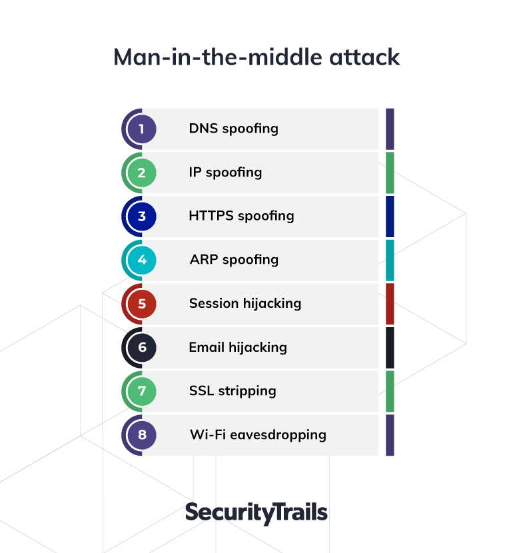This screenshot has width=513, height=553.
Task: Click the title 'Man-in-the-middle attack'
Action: (x=256, y=57)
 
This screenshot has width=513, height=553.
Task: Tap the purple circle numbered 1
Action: (x=141, y=129)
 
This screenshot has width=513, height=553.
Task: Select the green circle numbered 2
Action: (x=141, y=173)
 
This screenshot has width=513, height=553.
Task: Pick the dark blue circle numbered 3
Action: (x=141, y=216)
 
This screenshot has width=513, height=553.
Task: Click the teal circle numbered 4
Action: (x=141, y=260)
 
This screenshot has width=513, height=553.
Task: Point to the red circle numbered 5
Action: (x=141, y=304)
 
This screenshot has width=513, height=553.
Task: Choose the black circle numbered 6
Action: (x=141, y=347)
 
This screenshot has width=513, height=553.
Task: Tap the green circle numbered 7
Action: (x=141, y=391)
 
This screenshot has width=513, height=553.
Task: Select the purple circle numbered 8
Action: (x=141, y=435)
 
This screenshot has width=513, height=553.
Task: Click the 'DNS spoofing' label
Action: (x=233, y=129)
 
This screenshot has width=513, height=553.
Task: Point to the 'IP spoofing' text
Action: (x=225, y=173)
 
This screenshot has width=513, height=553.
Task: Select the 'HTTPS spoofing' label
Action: (x=242, y=216)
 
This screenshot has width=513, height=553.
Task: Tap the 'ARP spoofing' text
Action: (x=234, y=261)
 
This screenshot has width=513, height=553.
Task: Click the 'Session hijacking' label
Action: (x=245, y=304)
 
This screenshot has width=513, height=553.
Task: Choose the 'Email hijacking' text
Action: (x=238, y=348)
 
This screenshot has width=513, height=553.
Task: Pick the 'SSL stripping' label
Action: (x=233, y=392)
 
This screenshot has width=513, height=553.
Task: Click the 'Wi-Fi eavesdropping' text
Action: (x=258, y=435)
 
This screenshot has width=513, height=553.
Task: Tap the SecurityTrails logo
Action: (x=256, y=513)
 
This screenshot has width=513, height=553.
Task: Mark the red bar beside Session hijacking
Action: (x=390, y=304)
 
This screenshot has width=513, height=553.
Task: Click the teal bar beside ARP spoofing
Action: (x=390, y=260)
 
